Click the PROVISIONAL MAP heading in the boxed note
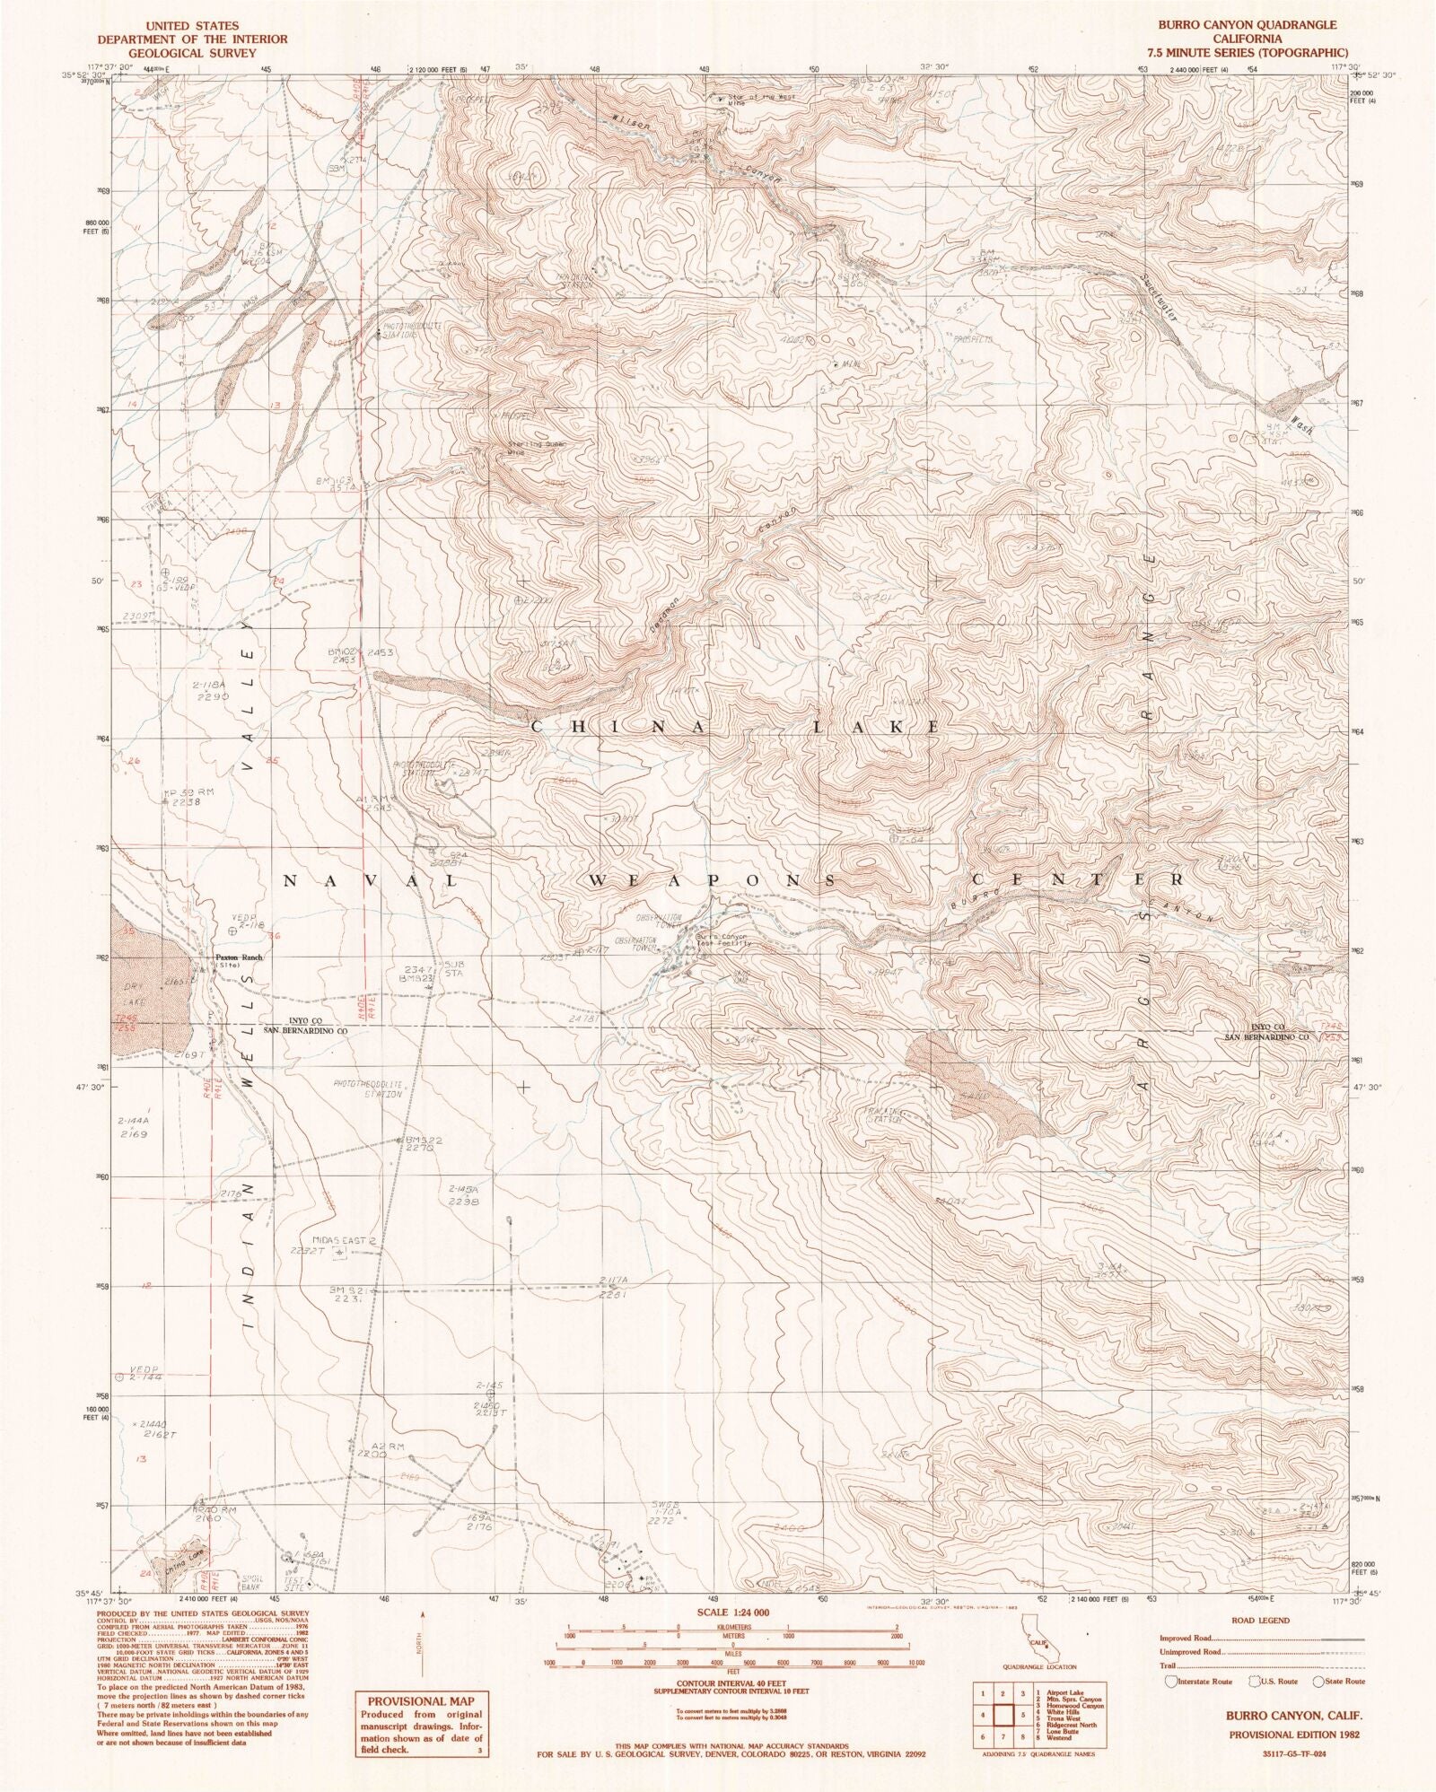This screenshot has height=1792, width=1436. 420,1700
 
